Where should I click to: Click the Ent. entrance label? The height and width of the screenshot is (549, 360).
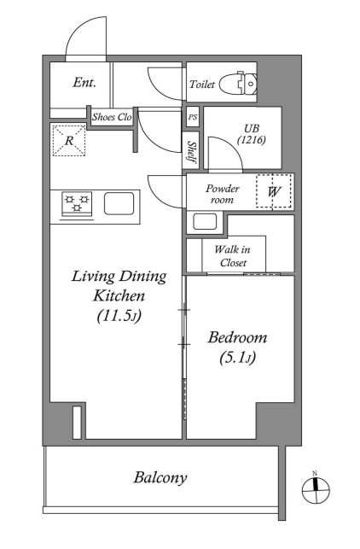click(x=84, y=83)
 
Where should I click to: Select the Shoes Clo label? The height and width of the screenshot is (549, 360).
click(x=112, y=117)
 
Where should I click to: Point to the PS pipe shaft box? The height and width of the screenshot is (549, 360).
click(x=193, y=117)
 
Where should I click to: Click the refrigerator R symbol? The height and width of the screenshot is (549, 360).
click(x=69, y=140)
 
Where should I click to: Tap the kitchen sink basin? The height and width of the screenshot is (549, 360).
click(x=119, y=203)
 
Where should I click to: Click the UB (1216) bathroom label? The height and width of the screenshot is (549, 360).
click(x=252, y=134)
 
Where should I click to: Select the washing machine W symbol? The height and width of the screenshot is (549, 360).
click(x=274, y=191)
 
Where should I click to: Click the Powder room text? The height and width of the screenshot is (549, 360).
click(x=222, y=194)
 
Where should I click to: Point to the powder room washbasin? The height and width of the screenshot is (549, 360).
click(x=205, y=222)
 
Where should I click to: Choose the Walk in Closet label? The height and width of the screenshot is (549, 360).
click(x=233, y=256)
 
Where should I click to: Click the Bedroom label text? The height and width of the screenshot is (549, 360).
click(x=237, y=338)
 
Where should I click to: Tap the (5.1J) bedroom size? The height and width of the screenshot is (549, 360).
click(x=237, y=358)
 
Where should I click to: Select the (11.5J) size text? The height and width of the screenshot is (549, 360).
click(x=119, y=316)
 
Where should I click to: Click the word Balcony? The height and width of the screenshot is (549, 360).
click(x=160, y=478)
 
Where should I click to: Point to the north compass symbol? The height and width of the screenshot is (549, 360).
click(x=316, y=489)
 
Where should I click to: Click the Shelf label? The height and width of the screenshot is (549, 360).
click(x=191, y=152)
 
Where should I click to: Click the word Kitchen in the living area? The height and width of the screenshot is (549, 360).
click(x=119, y=296)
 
